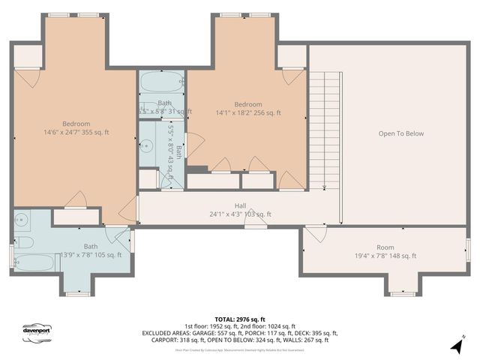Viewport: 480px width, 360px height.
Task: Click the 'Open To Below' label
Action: click(400, 134)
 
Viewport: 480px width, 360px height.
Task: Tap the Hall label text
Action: click(240, 204)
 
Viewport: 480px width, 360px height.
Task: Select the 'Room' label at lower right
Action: click(385, 247)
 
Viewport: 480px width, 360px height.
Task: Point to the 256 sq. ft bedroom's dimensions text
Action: click(247, 113)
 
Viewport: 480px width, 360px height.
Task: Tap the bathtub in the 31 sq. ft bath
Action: click(161, 82)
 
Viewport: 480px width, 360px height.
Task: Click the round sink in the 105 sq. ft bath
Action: click(21, 221)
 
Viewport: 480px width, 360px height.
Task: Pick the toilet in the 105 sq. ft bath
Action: click(22, 242)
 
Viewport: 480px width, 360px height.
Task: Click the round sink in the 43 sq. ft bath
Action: click(147, 148)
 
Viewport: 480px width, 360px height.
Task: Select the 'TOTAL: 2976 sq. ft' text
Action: click(239, 319)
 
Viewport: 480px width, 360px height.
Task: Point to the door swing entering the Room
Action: click(315, 234)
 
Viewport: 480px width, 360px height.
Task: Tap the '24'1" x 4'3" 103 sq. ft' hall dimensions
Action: click(240, 214)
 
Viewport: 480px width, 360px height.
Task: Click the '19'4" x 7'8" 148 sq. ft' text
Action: click(385, 256)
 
